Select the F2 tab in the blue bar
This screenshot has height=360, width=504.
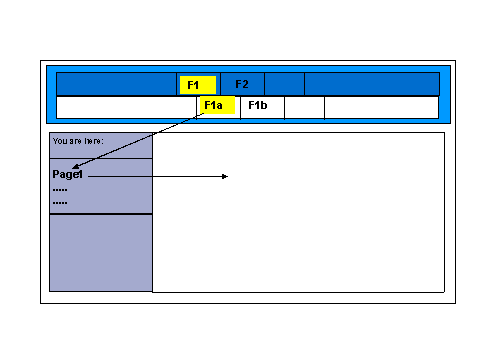click(242, 84)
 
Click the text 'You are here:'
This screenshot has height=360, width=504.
click(78, 141)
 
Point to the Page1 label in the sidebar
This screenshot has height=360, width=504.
click(68, 174)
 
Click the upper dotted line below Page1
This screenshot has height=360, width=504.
click(60, 188)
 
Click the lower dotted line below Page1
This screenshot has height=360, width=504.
click(60, 201)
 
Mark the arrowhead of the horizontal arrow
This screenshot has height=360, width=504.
click(226, 177)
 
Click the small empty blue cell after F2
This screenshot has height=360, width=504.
click(284, 84)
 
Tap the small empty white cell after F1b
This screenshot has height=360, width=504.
click(304, 107)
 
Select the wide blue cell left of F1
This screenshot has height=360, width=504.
click(116, 84)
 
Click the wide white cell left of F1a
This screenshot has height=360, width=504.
click(126, 107)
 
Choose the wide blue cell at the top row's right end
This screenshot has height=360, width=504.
click(371, 84)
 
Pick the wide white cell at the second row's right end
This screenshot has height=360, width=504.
click(381, 107)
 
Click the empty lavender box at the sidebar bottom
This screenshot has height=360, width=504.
click(100, 252)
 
